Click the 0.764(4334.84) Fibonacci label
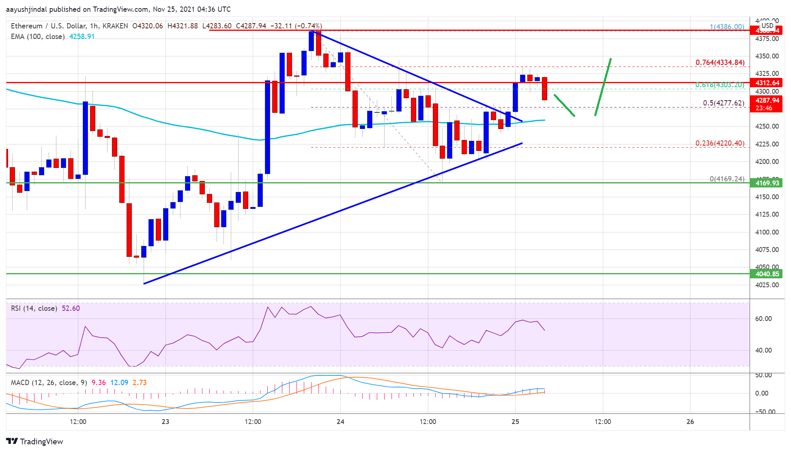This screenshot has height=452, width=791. tap(720, 62)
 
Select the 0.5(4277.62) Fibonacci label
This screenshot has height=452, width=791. tap(724, 103)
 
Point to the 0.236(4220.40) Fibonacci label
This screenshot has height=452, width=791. tap(720, 143)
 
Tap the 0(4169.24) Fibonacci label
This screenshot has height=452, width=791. tap(727, 179)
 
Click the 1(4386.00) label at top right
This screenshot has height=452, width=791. tap(727, 27)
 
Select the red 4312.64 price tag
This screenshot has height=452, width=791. tap(767, 83)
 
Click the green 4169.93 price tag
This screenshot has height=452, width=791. tap(767, 183)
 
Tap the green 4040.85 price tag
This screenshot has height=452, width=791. tap(767, 274)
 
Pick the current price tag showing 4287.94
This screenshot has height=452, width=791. tap(767, 100)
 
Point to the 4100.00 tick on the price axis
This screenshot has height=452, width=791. tap(767, 232)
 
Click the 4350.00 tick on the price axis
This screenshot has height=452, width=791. tap(767, 56)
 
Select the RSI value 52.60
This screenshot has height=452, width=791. tap(71, 308)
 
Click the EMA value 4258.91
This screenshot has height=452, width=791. tap(82, 37)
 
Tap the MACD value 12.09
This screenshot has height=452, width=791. tap(119, 383)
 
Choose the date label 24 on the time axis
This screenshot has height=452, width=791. tap(340, 422)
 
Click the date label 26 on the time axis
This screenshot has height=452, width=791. tap(690, 422)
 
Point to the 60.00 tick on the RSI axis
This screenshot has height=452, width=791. tap(763, 319)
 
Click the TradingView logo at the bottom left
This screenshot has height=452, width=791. tap(35, 441)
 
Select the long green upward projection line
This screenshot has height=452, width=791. tap(603, 87)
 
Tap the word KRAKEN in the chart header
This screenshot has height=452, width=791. tap(115, 26)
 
